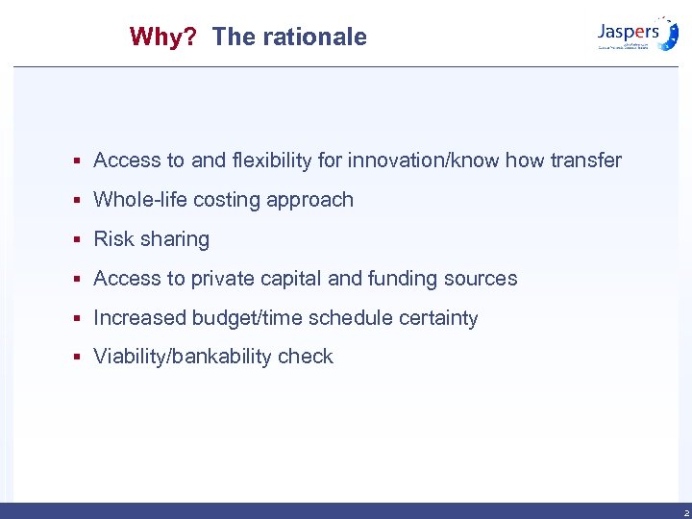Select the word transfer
(x=585, y=161)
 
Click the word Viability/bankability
(x=183, y=357)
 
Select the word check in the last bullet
(x=306, y=357)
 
